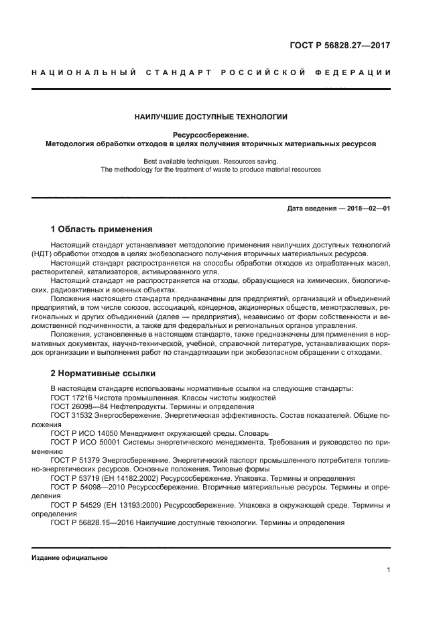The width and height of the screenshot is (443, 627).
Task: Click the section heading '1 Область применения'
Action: (101, 229)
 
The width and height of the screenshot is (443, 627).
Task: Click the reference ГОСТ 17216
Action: (72, 398)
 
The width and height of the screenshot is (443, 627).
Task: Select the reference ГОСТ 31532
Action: (72, 416)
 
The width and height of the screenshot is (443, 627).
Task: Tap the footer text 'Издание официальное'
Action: (70, 557)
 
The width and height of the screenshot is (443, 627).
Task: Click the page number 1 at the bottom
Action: (389, 570)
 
